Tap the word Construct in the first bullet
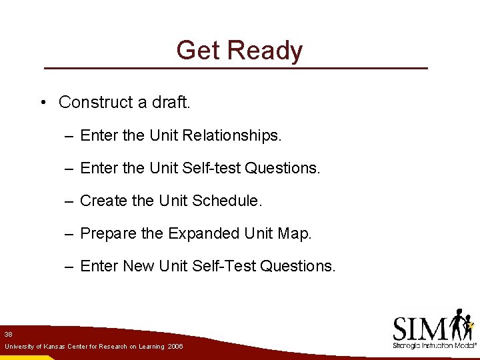tap(96, 102)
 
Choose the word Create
tap(101, 201)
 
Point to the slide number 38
tap(8, 333)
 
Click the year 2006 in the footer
tap(175, 347)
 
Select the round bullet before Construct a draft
tap(42, 103)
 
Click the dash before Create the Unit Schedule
tap(69, 201)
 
